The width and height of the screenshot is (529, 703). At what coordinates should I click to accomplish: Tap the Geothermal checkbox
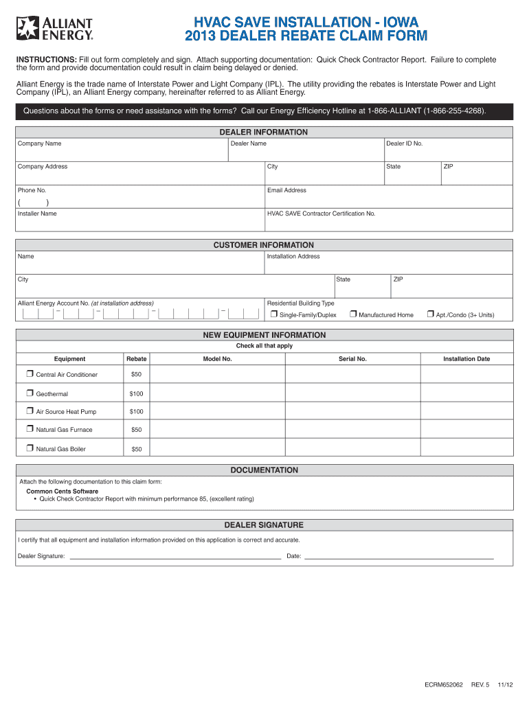(x=30, y=393)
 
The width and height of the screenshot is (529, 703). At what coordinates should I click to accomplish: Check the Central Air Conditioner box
(x=30, y=374)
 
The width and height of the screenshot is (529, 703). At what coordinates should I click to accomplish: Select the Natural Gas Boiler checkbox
(x=30, y=448)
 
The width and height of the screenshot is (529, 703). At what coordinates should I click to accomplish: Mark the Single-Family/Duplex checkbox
(x=273, y=314)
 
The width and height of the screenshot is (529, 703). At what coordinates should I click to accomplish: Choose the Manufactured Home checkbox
(x=352, y=314)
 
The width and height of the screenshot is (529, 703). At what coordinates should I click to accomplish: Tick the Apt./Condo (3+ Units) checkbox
(x=430, y=314)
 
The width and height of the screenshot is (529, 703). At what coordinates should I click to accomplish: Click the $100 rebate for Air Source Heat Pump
(x=136, y=412)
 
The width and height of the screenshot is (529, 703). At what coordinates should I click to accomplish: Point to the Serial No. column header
(x=352, y=359)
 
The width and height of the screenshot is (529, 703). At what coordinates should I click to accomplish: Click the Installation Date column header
(x=466, y=359)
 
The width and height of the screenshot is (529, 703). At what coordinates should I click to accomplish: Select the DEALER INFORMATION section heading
(x=264, y=132)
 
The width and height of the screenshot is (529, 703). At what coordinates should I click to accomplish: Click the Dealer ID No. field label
(x=404, y=143)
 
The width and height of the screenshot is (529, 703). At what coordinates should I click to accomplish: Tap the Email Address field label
(x=286, y=190)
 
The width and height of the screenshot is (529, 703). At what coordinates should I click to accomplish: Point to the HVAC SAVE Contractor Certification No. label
(x=321, y=214)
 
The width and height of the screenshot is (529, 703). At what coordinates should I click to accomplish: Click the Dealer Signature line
(x=175, y=556)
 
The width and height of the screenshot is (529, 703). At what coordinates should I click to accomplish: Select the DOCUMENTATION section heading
(x=264, y=470)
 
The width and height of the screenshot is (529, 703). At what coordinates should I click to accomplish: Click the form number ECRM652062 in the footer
(x=444, y=685)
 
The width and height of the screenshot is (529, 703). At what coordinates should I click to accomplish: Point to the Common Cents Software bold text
(x=62, y=492)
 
